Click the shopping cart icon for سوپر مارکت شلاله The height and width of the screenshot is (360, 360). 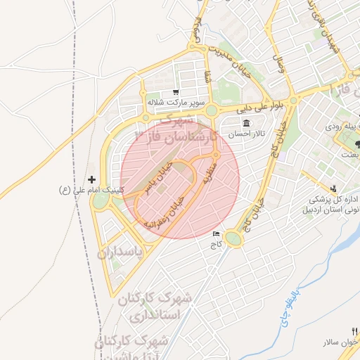pos(175,92)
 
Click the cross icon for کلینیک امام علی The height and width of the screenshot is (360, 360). pos(91,180)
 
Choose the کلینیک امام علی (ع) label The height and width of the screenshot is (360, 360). pos(91,190)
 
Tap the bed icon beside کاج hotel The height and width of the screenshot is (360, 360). pos(215,234)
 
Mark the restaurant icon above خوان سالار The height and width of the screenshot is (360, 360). pos(356,331)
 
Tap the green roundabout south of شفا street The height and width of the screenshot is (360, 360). pos(211,110)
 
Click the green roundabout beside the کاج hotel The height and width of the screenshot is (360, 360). pos(233,240)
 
